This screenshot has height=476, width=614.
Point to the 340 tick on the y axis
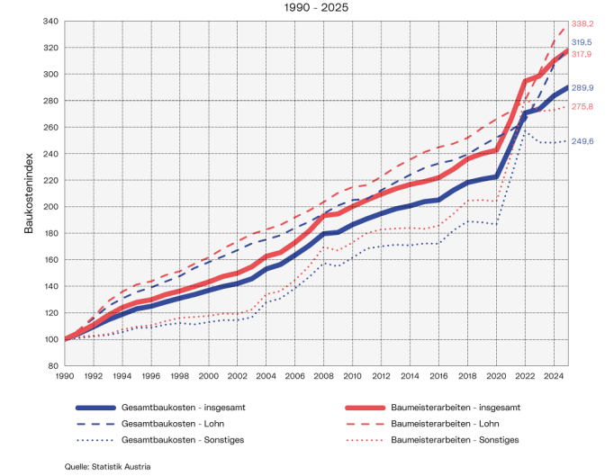(x=50, y=22)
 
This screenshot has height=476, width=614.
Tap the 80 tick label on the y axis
(x=53, y=366)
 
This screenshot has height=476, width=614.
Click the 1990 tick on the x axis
(x=66, y=376)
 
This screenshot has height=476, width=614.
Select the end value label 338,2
(x=583, y=24)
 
